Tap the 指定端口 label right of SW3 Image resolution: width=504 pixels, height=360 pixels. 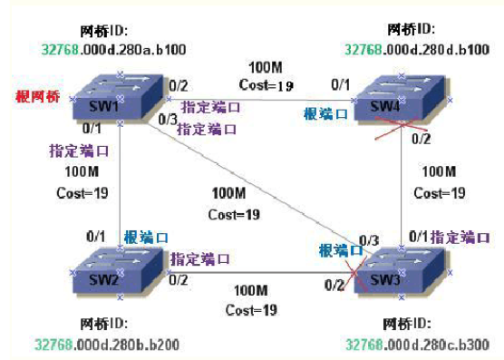[x=461, y=238]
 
